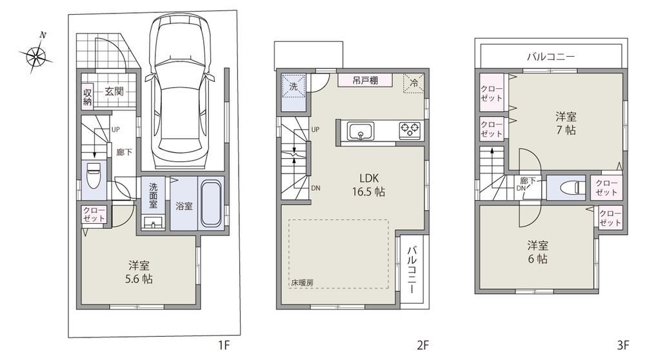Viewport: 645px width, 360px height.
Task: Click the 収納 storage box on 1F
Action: point(88,97)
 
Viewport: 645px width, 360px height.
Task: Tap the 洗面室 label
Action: point(154,195)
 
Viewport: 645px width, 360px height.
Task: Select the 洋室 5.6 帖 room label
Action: point(139,272)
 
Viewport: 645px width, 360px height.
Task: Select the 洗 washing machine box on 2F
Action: point(293,86)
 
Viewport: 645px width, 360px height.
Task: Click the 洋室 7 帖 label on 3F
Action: point(566,123)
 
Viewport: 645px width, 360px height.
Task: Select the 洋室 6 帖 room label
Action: point(537,252)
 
